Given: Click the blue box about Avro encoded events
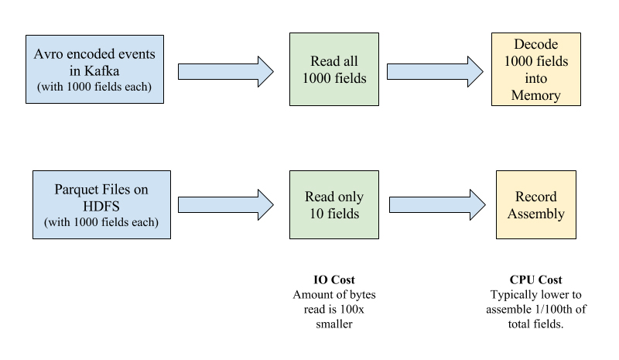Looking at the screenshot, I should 94,69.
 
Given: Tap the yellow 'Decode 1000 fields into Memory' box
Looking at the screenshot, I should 535,70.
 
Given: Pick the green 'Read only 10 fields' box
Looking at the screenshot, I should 333,204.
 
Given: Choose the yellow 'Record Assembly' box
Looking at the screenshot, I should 535,204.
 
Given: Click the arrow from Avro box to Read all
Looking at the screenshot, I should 225,71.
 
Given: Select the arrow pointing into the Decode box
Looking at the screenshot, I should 434,71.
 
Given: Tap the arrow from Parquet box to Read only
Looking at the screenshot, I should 225,205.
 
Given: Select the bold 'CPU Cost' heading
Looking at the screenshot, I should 535,279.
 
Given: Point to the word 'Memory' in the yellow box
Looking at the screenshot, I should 535,95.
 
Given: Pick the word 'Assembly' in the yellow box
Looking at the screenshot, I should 535,214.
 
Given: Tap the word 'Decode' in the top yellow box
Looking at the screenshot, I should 535,44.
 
